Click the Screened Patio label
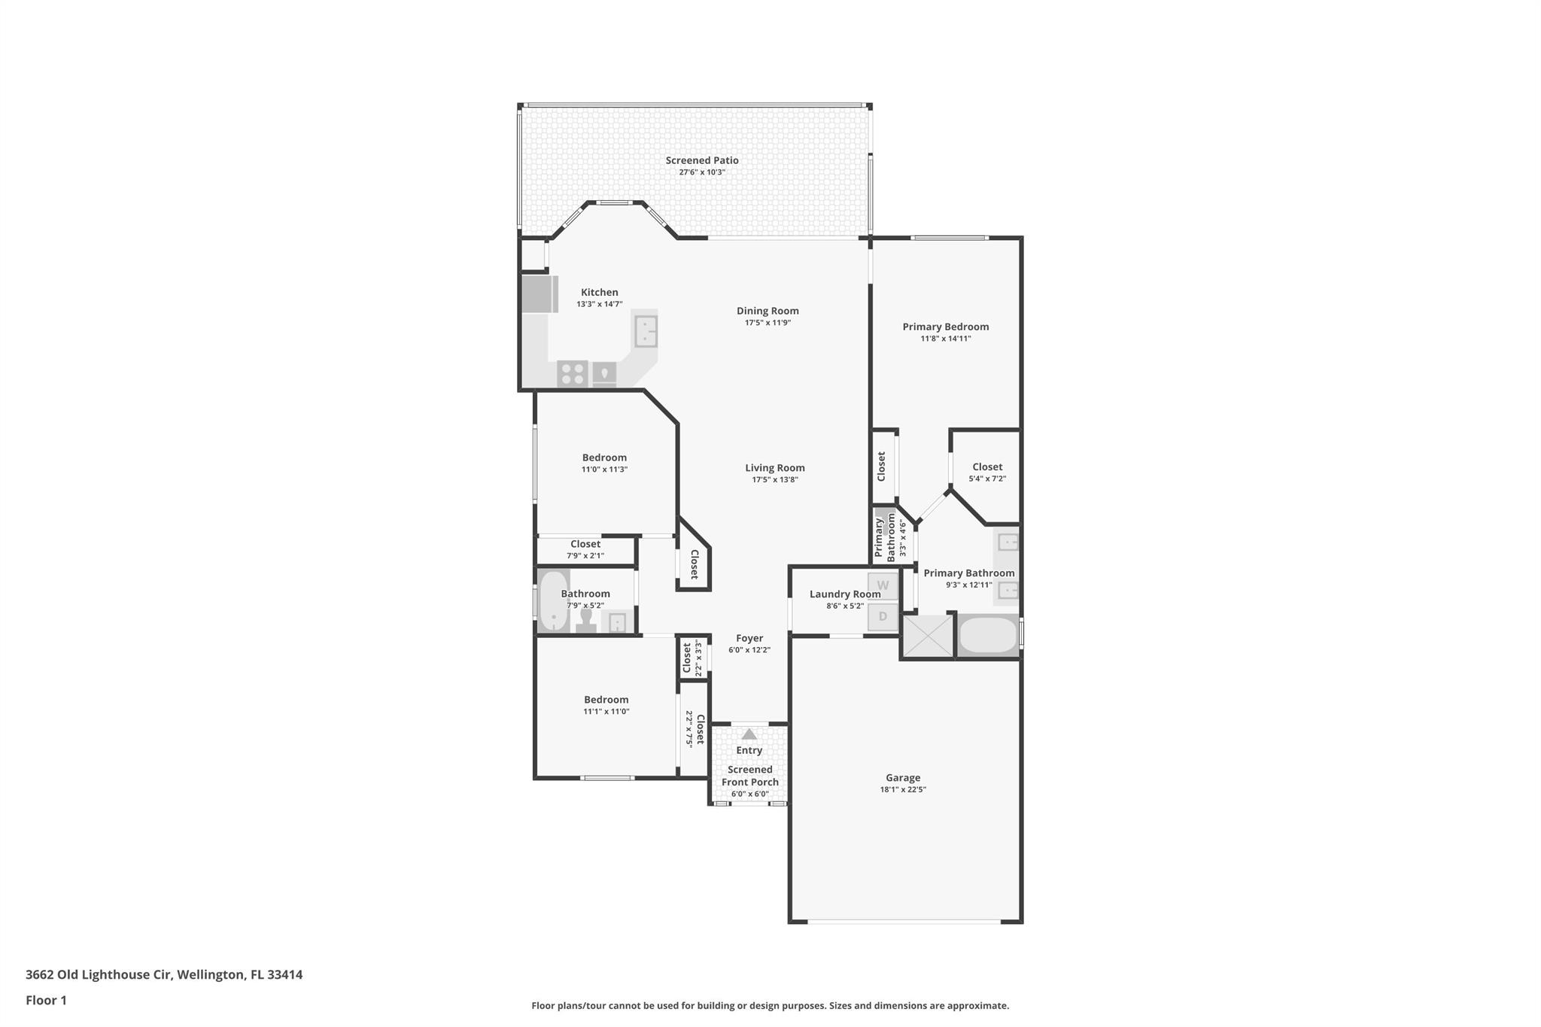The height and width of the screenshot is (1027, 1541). [701, 160]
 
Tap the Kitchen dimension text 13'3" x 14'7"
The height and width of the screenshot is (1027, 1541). [599, 305]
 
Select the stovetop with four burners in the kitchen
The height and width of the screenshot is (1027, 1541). [572, 373]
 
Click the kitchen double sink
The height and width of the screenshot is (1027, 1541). [646, 331]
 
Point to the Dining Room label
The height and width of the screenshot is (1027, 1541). [767, 311]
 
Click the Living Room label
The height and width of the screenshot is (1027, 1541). [774, 468]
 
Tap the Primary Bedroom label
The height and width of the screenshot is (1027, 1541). [945, 327]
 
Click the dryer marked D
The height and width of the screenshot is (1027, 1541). [883, 617]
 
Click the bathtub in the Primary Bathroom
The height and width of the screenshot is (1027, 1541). [988, 636]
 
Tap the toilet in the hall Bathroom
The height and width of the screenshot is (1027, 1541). [586, 620]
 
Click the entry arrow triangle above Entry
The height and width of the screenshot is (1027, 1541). [749, 734]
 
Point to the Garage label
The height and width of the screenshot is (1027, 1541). [902, 778]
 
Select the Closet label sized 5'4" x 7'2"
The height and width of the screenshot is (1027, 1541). [986, 467]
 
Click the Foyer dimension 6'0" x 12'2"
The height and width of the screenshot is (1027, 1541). [749, 650]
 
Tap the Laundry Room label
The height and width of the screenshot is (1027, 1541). [844, 594]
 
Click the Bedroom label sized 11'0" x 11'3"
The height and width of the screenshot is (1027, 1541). [603, 457]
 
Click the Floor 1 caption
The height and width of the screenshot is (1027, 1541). [46, 1001]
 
